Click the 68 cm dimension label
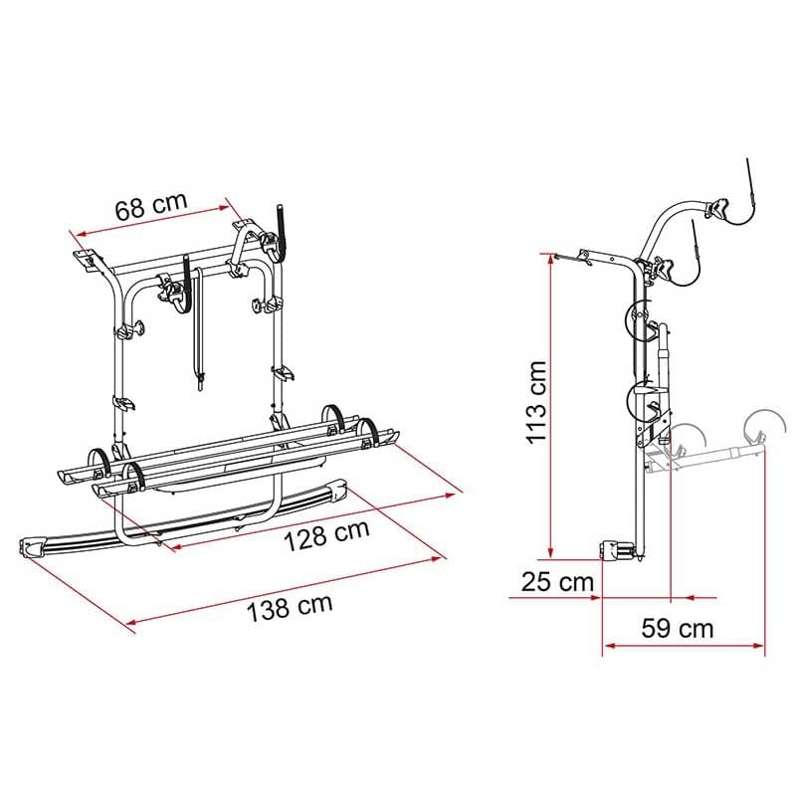(151, 206)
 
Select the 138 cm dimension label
(290, 607)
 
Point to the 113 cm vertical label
(536, 403)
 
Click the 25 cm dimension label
(557, 581)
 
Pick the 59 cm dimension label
(678, 628)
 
